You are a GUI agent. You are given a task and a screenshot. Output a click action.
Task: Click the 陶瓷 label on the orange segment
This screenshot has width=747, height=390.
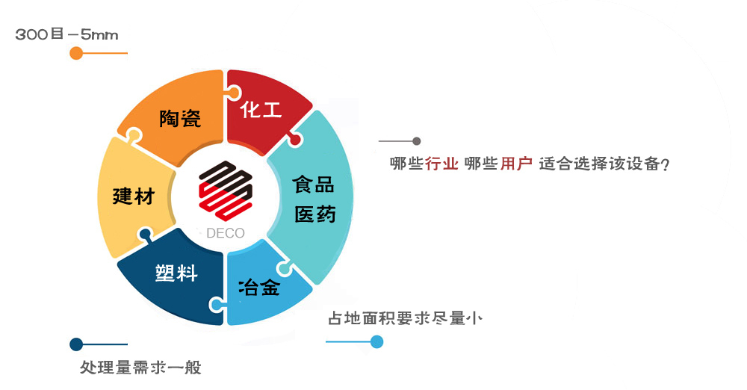tap(180, 118)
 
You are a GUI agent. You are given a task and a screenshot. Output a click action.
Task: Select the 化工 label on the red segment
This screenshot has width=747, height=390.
tap(261, 109)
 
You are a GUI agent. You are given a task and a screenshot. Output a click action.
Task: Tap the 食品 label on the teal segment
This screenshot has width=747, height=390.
tap(314, 184)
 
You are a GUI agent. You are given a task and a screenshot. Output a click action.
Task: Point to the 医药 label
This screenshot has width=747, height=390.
tap(315, 214)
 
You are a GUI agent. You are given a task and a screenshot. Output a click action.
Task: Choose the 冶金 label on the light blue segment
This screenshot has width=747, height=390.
tap(259, 287)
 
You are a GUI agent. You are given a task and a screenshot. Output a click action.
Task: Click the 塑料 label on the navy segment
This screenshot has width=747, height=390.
tap(176, 273)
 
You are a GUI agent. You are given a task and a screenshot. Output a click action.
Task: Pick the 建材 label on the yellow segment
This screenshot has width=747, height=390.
tap(134, 196)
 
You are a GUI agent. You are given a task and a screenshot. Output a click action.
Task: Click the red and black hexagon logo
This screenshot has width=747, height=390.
tap(226, 191)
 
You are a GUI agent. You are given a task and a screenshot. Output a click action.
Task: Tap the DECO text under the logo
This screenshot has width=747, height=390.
tap(226, 233)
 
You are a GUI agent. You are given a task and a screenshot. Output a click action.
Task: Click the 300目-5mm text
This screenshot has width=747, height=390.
tap(66, 34)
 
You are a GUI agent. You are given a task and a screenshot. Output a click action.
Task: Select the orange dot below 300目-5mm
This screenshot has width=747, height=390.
tap(76, 53)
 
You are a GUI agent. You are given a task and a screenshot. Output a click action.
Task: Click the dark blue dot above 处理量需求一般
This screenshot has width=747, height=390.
tap(76, 344)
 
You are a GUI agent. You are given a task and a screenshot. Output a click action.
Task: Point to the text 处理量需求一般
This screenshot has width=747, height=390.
tap(140, 367)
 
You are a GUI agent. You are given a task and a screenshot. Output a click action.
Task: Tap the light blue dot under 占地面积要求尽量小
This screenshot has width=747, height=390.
tap(376, 341)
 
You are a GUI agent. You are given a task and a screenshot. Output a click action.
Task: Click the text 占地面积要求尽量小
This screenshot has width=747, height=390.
tap(405, 318)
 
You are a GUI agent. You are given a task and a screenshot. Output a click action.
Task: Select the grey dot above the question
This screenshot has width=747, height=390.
tap(416, 141)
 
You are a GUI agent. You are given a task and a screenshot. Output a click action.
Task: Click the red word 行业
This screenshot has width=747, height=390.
tap(442, 164)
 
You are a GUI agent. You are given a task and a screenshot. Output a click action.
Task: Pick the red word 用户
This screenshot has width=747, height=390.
tap(516, 164)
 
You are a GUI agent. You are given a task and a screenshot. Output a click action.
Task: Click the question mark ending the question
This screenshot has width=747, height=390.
tap(666, 164)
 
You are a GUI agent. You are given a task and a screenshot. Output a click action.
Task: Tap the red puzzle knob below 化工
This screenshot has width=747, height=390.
tap(295, 139)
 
